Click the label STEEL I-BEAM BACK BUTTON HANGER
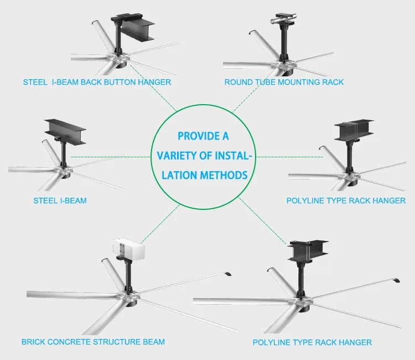click(x=97, y=82)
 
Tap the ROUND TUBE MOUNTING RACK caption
click(x=284, y=82)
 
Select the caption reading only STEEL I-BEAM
click(x=60, y=200)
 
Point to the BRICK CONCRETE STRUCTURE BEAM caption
click(x=93, y=342)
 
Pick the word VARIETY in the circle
click(x=177, y=156)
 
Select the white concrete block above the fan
click(x=128, y=251)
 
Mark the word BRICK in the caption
click(x=34, y=342)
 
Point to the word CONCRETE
click(x=70, y=342)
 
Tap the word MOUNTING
click(x=297, y=82)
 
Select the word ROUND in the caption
click(x=236, y=82)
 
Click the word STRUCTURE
click(x=117, y=342)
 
